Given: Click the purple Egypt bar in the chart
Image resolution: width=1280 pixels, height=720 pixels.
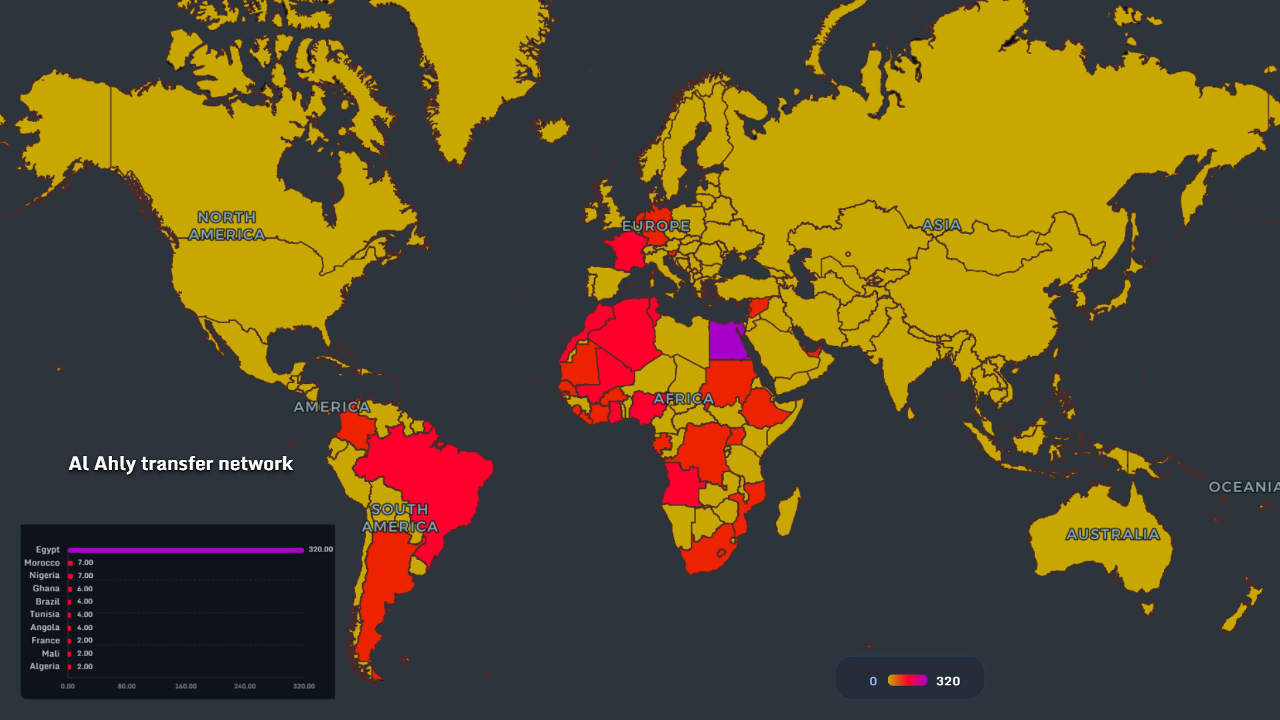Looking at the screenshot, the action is coord(185,550).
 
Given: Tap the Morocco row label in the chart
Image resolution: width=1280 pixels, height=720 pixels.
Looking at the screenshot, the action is coord(42,563).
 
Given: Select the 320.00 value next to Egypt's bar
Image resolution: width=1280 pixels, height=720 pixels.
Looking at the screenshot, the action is coord(320,549).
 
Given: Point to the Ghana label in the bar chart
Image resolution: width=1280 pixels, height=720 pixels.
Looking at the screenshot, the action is coord(46,589).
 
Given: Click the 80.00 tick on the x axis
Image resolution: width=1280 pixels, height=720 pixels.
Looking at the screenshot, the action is coord(127,686).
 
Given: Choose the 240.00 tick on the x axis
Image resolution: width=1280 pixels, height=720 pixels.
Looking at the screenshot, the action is coord(245,686).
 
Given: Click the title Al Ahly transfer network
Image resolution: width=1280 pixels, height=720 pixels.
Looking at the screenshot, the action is coord(181,463).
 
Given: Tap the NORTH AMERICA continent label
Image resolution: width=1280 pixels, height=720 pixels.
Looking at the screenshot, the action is coord(227,226).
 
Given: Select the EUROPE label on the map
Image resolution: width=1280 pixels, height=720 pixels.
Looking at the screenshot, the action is coord(656,226).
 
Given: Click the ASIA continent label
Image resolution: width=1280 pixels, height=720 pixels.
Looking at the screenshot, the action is coord(941,225).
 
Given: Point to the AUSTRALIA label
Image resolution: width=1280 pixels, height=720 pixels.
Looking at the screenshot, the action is coord(1113,534).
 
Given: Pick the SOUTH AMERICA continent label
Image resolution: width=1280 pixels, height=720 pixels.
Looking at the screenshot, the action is coord(400,518).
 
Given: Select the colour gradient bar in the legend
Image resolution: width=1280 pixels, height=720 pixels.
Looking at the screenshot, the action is coord(907,680).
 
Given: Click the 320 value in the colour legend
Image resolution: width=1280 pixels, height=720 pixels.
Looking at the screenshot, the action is coord(948,681).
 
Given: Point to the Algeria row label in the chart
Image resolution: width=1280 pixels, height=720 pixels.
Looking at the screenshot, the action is coord(45,666).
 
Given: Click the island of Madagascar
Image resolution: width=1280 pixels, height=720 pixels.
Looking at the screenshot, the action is coord(787,511).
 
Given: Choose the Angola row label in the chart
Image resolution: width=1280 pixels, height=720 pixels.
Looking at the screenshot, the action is coord(45,627).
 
